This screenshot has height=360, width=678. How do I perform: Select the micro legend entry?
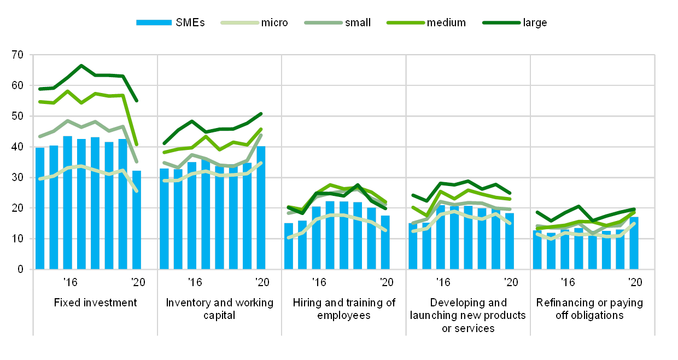coord(255,22)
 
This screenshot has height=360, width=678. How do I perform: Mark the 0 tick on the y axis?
coord(21,269)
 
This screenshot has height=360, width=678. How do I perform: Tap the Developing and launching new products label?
coord(469,315)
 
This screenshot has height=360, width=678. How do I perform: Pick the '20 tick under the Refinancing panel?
coord(634,282)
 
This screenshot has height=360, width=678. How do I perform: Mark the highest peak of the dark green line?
coord(81,65)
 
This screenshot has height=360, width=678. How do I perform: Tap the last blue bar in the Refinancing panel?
coord(634,243)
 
